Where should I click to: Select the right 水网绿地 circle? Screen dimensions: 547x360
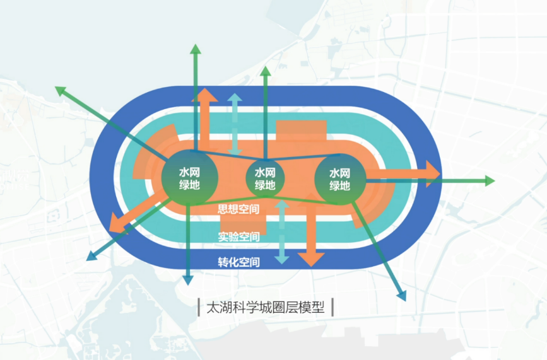pos(340,178)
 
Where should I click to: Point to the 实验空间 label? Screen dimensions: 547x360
pos(238,237)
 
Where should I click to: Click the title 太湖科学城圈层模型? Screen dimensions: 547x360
pos(264,308)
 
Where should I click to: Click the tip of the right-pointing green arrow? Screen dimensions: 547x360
pos(494,181)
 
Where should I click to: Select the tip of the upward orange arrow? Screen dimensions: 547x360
pos(205,90)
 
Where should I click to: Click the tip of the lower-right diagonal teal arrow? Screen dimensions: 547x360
pos(402,298)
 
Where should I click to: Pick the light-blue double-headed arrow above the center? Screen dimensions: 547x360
pos(235,124)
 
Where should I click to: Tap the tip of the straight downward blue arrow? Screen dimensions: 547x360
pos(187,283)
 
